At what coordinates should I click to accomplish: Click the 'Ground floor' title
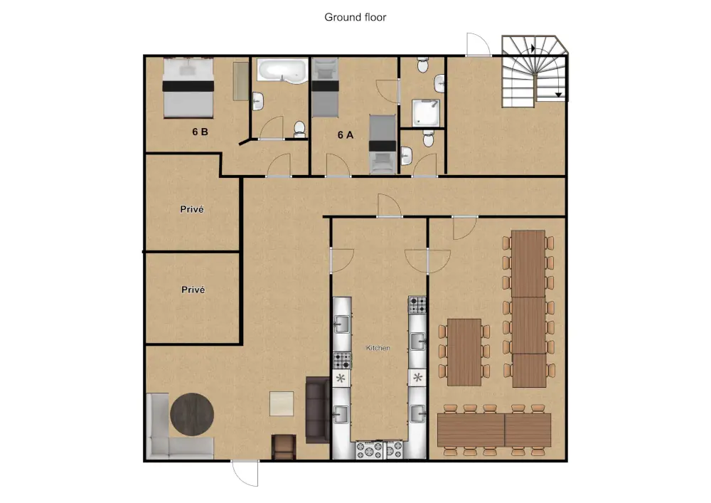(x=355, y=17)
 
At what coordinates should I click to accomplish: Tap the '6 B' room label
(x=200, y=132)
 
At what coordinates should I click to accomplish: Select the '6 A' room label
(x=346, y=135)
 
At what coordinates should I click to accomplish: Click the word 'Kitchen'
(x=378, y=348)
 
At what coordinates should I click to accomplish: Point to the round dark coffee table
(x=192, y=415)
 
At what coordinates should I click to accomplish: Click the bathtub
(x=282, y=71)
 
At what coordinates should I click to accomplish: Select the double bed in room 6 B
(x=188, y=88)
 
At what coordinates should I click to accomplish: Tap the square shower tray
(x=426, y=113)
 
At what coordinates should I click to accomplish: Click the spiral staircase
(x=534, y=71)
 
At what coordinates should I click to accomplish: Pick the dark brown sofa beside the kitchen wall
(x=317, y=410)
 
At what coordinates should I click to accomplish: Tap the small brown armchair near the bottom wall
(x=284, y=448)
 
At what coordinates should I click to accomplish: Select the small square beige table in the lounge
(x=282, y=403)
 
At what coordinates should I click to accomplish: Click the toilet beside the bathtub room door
(x=300, y=129)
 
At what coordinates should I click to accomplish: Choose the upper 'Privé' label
(x=192, y=209)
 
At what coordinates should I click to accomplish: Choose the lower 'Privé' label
(x=193, y=290)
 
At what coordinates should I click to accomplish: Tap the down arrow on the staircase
(x=559, y=95)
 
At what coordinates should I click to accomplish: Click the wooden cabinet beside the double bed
(x=241, y=81)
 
